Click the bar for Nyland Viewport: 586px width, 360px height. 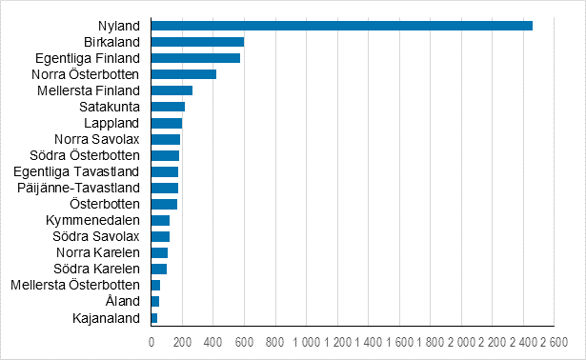pos(341,25)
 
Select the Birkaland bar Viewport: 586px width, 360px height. pos(197,41)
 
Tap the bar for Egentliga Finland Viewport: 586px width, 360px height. pos(195,57)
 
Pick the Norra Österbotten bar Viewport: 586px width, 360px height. pos(184,73)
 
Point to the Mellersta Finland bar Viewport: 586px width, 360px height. pos(172,90)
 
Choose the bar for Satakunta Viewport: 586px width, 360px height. pos(168,106)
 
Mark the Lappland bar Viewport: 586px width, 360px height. pos(167,123)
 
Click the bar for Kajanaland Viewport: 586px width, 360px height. pos(154,317)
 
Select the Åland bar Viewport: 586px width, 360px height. pos(155,301)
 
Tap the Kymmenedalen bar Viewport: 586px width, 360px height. pos(160,220)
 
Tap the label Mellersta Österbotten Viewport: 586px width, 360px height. pos(75,285)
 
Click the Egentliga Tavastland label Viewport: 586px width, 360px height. pos(77,171)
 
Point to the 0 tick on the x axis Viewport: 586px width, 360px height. pos(152,341)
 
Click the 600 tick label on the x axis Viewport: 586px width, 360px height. pos(244,341)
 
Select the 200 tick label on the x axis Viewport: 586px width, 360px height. pos(182,341)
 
